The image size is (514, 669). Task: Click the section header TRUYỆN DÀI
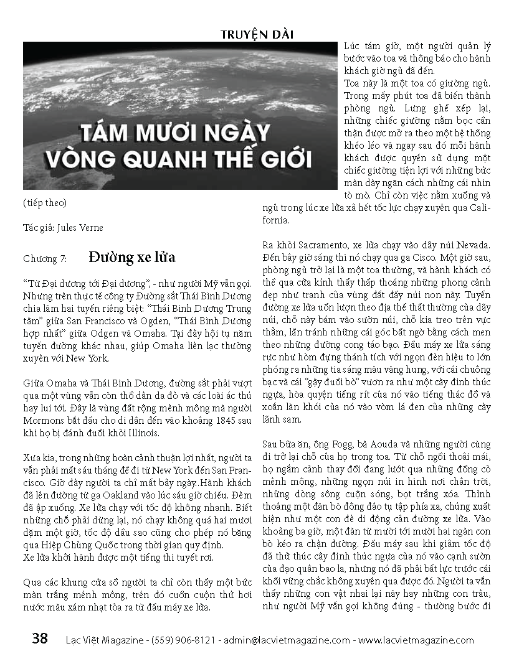coord(257,35)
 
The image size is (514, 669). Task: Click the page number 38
coord(39,639)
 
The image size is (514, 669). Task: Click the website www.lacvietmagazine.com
coord(416,640)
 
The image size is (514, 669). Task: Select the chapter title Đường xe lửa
coord(132,257)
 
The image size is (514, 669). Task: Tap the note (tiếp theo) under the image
coord(44,203)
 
